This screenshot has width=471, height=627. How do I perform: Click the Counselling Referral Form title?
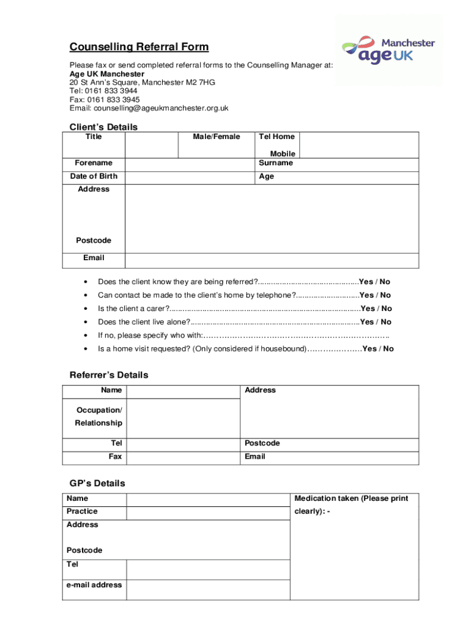(139, 47)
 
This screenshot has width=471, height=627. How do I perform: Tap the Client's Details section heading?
(103, 127)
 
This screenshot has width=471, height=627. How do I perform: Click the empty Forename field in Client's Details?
(190, 163)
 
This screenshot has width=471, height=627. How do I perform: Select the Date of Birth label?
(94, 176)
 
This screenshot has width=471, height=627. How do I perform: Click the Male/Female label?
(217, 137)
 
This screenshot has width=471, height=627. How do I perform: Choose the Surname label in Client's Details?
(276, 163)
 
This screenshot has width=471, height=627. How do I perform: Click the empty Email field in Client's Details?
(272, 260)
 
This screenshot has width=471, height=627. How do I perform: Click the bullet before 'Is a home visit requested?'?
(84, 349)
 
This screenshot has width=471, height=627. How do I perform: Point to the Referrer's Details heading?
(109, 375)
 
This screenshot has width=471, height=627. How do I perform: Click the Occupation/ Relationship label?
(98, 416)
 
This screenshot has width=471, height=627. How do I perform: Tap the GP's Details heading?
(97, 483)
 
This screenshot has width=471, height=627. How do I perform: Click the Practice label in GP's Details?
(82, 511)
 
